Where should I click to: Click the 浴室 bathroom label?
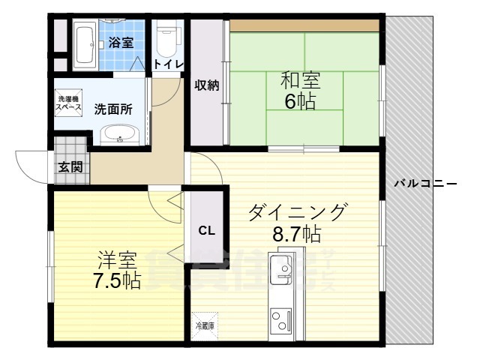(x=121, y=43)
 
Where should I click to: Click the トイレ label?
(x=168, y=64)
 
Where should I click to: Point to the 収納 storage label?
(x=208, y=85)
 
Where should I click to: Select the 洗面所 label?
(x=113, y=108)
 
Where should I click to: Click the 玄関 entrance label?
(x=70, y=166)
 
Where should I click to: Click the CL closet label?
(x=206, y=230)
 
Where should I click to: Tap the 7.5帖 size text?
(x=116, y=282)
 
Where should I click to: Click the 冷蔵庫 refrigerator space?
(x=205, y=325)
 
